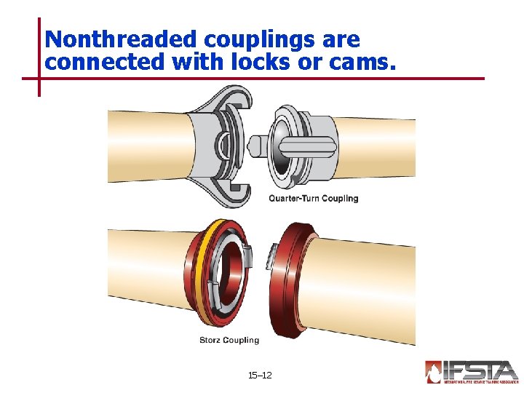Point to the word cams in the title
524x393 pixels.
pyautogui.click(x=363, y=63)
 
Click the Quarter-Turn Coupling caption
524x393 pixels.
pyautogui.click(x=314, y=198)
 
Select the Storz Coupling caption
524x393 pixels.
pyautogui.click(x=229, y=340)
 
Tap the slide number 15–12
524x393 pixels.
pyautogui.click(x=260, y=376)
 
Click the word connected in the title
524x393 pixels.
pyautogui.click(x=106, y=63)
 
